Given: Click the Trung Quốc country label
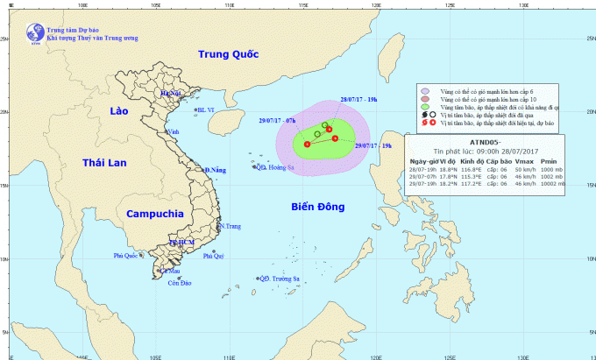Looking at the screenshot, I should [x=229, y=54].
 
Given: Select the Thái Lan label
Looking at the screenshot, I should [x=104, y=163].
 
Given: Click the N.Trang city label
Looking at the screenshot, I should [x=230, y=226].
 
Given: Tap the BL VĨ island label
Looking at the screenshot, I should [x=206, y=109].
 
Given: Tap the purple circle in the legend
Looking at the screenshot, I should [x=423, y=89].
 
